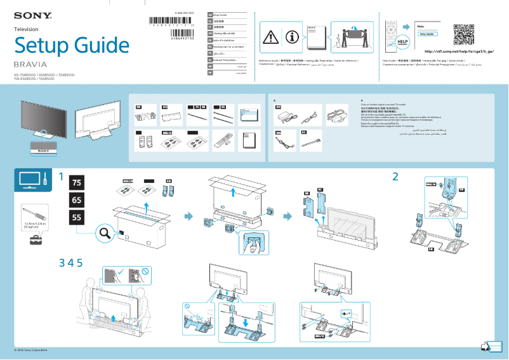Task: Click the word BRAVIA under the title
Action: (30, 65)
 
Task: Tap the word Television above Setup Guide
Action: (27, 29)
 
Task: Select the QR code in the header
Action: (465, 34)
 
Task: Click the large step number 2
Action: (395, 177)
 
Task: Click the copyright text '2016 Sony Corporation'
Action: (32, 350)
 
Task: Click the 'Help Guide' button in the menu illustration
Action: (426, 34)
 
